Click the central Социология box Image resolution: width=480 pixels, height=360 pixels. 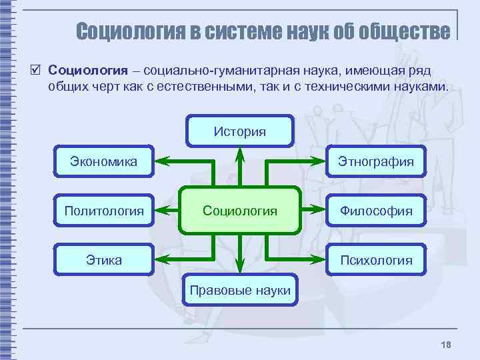pyautogui.click(x=239, y=211)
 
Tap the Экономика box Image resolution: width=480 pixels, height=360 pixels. pyautogui.click(x=104, y=161)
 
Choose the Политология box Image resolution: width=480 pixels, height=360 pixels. pyautogui.click(x=104, y=211)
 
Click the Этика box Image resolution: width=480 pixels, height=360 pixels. pyautogui.click(x=104, y=259)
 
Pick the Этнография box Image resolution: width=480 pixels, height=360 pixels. pyautogui.click(x=376, y=161)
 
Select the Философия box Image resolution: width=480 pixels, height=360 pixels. pyautogui.click(x=376, y=211)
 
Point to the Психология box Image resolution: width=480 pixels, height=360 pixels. pyautogui.click(x=376, y=259)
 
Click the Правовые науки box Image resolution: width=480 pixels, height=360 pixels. pyautogui.click(x=240, y=290)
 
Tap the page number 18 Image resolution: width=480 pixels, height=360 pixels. pyautogui.click(x=446, y=343)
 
